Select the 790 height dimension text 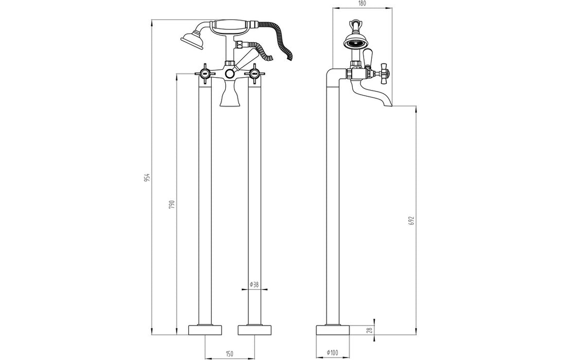tap(172, 204)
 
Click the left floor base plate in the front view tap(205, 330)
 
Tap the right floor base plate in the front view tap(255, 330)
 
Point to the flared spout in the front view tap(230, 97)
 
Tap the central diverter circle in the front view tap(230, 75)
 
